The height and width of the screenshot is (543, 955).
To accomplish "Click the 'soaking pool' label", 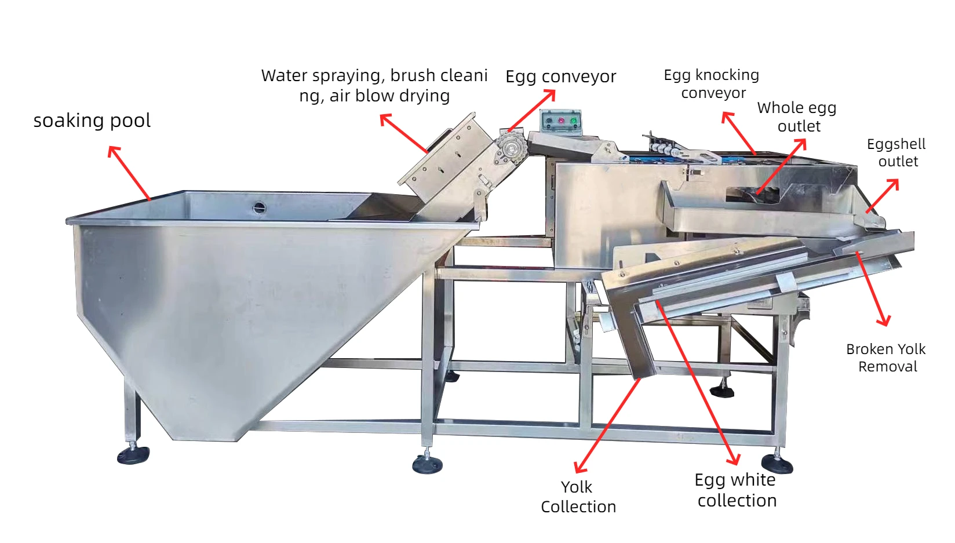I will (92, 121).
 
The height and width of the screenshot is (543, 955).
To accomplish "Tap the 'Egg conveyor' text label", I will (560, 76).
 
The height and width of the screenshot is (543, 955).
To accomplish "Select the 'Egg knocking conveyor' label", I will (712, 83).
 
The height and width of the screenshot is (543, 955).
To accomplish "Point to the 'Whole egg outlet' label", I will (797, 116).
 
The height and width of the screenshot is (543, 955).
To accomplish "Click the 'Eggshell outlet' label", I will (896, 152).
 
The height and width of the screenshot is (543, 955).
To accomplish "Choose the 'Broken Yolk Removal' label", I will (886, 358).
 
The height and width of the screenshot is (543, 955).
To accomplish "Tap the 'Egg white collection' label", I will (736, 490).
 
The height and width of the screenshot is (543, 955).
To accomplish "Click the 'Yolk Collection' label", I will (578, 497).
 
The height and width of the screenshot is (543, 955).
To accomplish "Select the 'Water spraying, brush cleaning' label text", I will (374, 85).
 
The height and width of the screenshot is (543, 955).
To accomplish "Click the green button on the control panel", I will (573, 121).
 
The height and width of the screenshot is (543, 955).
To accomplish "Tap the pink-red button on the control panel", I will (561, 121).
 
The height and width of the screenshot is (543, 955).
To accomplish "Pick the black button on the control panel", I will (549, 121).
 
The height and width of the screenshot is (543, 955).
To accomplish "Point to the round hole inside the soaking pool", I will (260, 207).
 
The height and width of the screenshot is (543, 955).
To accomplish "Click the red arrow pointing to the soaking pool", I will (130, 173).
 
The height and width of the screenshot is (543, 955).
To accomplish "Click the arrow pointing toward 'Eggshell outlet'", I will (883, 196).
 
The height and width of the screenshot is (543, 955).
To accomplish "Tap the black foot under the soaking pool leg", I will (133, 455).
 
